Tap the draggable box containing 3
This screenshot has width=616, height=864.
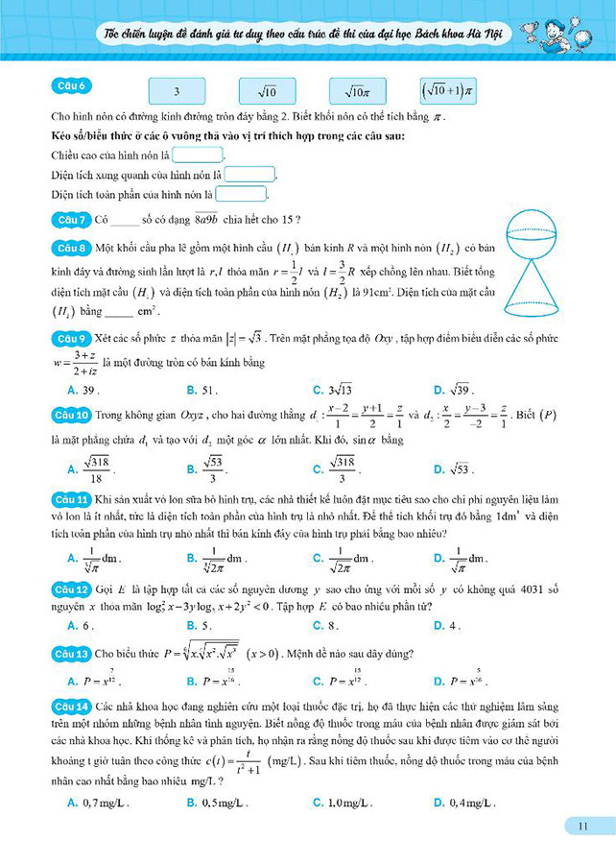coord(178,92)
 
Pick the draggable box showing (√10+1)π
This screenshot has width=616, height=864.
coord(447,91)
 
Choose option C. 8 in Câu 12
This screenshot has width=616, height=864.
coord(327,625)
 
